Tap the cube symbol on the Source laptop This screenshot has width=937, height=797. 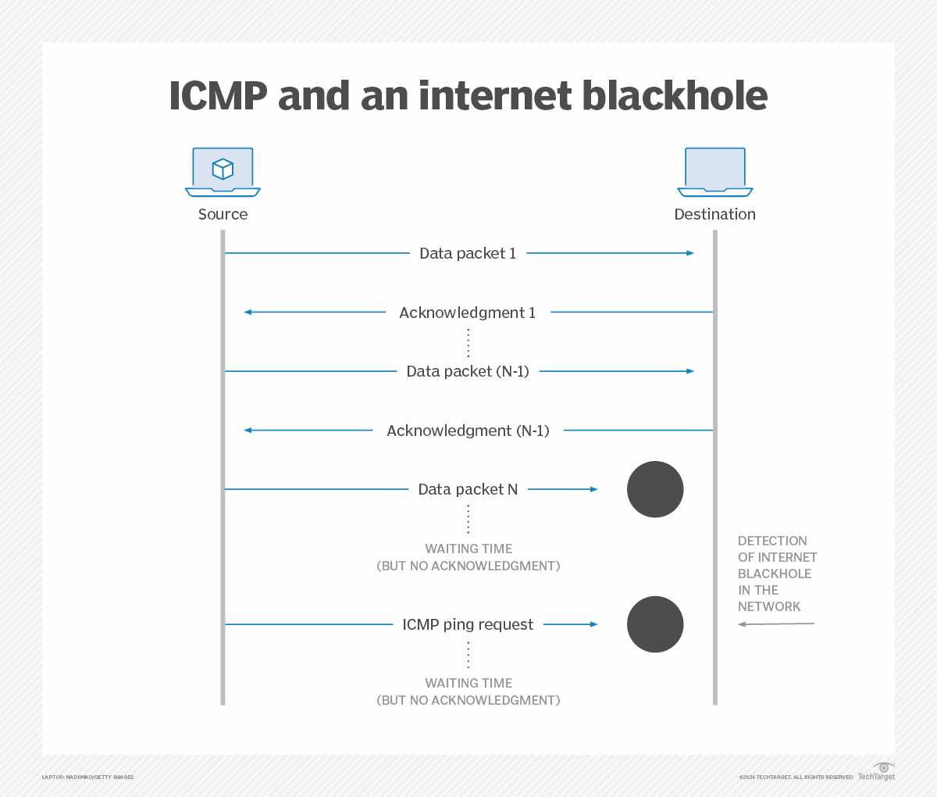[x=223, y=169]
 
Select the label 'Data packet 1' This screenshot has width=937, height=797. [x=468, y=253]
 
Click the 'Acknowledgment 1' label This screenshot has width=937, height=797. [x=468, y=313]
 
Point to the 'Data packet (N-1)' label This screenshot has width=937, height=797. [x=468, y=371]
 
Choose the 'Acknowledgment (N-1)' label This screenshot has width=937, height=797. [x=468, y=431]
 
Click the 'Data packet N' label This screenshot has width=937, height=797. [x=468, y=489]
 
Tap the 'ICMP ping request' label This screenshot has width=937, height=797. [x=468, y=624]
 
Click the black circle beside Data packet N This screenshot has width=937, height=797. [x=655, y=489]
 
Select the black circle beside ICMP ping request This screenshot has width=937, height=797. [x=655, y=624]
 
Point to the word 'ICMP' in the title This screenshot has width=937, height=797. [x=218, y=95]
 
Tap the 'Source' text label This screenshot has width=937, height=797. [x=223, y=214]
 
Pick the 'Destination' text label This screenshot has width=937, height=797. [x=714, y=214]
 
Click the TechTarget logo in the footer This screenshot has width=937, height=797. [x=877, y=772]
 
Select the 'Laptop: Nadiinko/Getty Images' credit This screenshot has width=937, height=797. [x=87, y=777]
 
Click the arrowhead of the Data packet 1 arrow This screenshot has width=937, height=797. [x=690, y=253]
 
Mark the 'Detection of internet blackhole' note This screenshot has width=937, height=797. [x=777, y=574]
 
